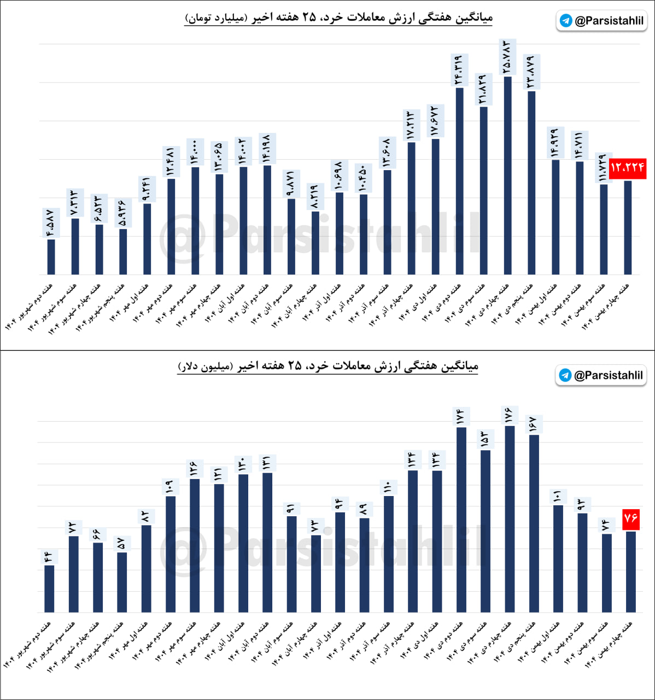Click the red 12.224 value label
tap(628, 167)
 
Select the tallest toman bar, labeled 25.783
tap(508, 175)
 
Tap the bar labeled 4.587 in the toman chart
tap(51, 256)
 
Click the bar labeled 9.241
tap(147, 238)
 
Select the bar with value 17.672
tap(435, 206)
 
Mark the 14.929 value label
tap(554, 143)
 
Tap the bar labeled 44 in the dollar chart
tap(49, 588)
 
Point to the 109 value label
tap(169, 486)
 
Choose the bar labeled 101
tap(558, 558)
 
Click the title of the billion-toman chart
tap(339, 17)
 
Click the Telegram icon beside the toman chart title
tap(566, 21)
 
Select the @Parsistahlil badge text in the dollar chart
tap(608, 375)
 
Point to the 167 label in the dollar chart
tap(534, 424)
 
